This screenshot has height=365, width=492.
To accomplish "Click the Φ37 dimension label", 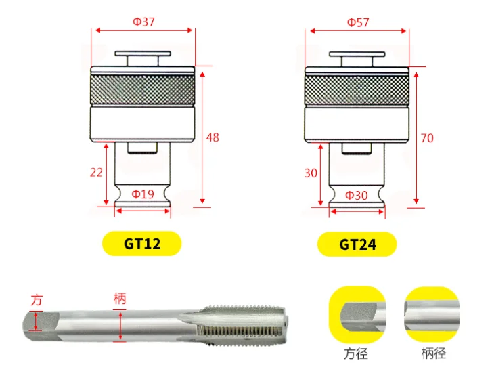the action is (x=143, y=22).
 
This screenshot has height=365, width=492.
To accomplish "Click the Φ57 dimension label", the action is (x=358, y=22).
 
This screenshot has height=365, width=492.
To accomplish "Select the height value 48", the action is (x=213, y=137).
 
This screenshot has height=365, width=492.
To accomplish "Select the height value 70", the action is (x=427, y=138).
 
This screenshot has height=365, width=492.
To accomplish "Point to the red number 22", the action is (x=96, y=173).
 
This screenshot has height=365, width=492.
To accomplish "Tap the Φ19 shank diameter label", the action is (x=143, y=194).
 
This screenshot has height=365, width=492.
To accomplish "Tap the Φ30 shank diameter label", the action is (x=357, y=196).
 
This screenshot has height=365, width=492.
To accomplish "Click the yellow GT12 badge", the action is (x=142, y=244).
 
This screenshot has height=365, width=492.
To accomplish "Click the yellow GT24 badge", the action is (x=357, y=244).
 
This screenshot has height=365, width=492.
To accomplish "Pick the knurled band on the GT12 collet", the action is (x=142, y=90).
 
